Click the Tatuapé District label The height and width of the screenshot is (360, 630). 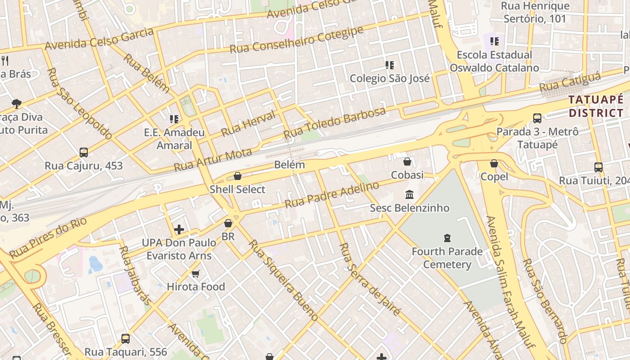596,106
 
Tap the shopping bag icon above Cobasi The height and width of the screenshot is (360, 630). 407,162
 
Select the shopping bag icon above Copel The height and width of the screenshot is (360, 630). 494,163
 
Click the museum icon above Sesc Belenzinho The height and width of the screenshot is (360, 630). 409,195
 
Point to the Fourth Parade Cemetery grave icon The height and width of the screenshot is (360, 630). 447,238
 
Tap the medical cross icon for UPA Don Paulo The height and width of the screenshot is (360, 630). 179,229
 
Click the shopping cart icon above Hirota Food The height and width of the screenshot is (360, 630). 195,274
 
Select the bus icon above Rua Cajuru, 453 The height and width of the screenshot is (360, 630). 84,153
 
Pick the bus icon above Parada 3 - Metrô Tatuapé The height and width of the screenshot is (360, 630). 537,118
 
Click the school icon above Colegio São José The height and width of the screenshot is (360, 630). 390,65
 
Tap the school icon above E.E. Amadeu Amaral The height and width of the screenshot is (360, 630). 174,119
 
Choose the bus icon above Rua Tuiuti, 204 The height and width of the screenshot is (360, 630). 598,167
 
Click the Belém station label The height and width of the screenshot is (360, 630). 289,165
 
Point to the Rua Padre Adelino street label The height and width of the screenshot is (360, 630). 332,194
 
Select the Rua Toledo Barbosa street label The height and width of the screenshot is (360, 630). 334,122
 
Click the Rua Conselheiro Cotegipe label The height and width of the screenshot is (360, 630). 296,40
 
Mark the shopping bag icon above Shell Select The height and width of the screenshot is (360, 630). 238,176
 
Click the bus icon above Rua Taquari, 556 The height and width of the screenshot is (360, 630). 126,338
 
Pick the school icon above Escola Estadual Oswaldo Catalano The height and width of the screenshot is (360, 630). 495,41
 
